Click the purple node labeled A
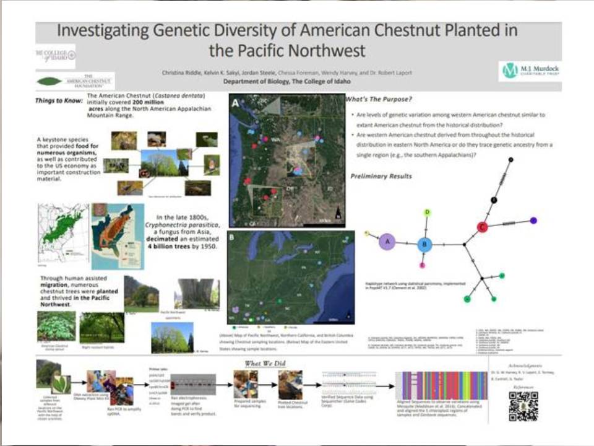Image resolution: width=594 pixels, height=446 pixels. (x=387, y=242)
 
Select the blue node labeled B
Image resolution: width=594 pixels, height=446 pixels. (x=424, y=244)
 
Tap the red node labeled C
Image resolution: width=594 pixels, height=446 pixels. (x=483, y=227)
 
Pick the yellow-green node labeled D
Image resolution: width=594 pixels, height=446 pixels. (x=427, y=212)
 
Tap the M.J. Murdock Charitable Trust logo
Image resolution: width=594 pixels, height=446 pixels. (x=527, y=71)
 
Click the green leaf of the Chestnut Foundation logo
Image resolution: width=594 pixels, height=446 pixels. (x=49, y=81)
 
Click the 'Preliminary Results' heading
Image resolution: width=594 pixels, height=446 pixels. (x=381, y=177)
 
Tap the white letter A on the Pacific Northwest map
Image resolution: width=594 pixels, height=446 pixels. (x=235, y=105)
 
